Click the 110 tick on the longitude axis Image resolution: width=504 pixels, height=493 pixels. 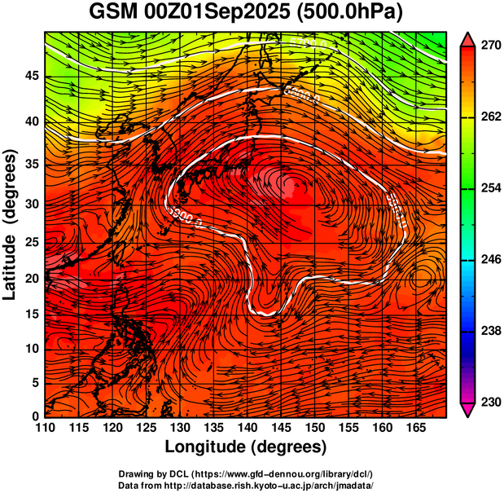(x=45, y=428)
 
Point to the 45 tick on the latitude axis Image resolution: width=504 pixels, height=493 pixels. (x=31, y=76)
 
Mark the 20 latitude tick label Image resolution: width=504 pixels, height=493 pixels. (x=31, y=278)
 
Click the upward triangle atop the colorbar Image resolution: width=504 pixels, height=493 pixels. (x=468, y=37)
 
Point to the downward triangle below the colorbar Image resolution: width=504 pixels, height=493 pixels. (x=468, y=412)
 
